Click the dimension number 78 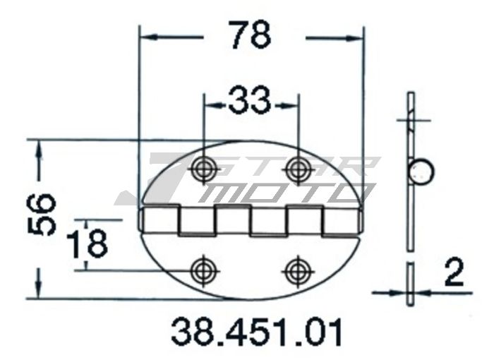(x=250, y=35)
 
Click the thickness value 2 (x=454, y=272)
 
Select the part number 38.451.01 (x=257, y=332)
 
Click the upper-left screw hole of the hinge (x=205, y=168)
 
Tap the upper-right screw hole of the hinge (x=297, y=168)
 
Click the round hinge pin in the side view (x=421, y=172)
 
